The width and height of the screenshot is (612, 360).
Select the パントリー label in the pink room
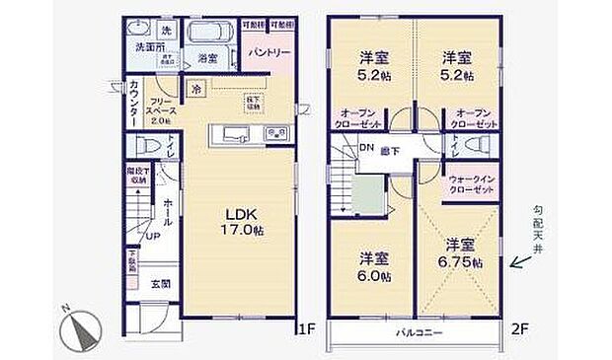[x=268, y=50]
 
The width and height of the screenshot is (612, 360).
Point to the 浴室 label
[x=206, y=58]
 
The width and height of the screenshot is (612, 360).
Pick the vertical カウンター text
[x=133, y=105]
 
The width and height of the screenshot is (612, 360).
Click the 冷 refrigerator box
[x=196, y=90]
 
